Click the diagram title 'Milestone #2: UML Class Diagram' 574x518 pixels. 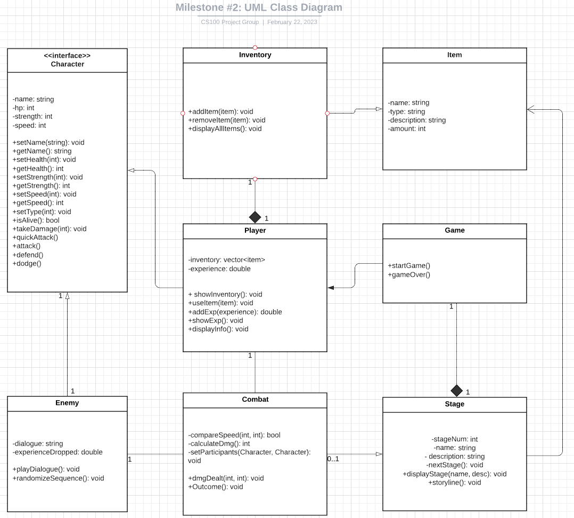(259, 7)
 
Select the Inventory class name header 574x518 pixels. (255, 55)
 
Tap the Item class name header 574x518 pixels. (454, 55)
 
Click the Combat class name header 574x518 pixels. (255, 399)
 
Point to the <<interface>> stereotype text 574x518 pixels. (67, 55)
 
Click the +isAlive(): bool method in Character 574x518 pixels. (36, 220)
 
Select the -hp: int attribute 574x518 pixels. (23, 108)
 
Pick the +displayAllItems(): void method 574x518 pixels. (225, 128)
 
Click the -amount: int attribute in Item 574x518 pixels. (407, 128)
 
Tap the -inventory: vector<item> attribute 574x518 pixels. (226, 260)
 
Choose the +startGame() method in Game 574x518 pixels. (409, 265)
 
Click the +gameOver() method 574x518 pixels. (409, 274)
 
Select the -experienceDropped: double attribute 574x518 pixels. (58, 452)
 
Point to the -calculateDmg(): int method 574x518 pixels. (219, 443)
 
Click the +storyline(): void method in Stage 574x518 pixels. (454, 482)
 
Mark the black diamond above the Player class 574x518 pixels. (255, 217)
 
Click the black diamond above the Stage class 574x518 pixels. (456, 390)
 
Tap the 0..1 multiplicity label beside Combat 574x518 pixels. (333, 459)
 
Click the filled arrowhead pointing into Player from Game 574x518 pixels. (331, 288)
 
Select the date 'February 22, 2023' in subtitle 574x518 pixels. (292, 22)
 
